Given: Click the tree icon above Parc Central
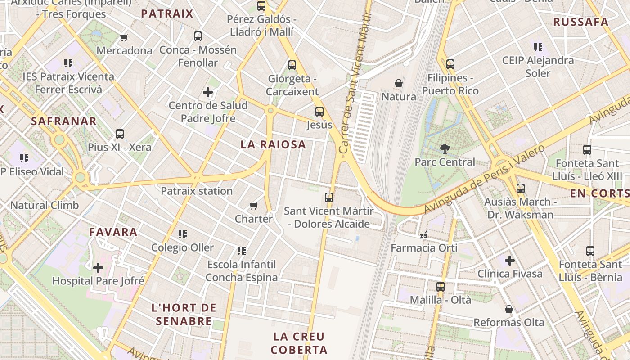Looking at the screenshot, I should coord(445,148).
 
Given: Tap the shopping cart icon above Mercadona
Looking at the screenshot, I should coord(124,37).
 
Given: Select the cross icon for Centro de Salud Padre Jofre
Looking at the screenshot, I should coord(208,93).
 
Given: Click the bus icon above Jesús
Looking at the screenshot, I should coord(319,112).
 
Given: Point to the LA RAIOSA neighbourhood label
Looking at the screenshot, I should coord(273,144).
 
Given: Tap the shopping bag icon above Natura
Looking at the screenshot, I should coord(399,83).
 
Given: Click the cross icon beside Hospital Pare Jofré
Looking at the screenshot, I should coord(98,268).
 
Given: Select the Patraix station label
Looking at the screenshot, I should coord(197,191).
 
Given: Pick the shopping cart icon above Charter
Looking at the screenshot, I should coord(254,206).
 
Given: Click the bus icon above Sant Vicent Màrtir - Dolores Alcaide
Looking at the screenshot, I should coord(329,197).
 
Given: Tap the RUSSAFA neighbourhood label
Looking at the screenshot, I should coord(580,22).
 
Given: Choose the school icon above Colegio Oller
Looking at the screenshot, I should coord(183,234).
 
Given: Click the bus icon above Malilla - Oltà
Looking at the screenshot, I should coord(441,286).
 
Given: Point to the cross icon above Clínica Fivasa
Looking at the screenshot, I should coord(509,261).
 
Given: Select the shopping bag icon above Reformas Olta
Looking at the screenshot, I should coord(509,309).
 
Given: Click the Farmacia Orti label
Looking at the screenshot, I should coord(424,248).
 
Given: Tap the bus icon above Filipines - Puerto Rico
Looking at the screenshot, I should coord(450,64).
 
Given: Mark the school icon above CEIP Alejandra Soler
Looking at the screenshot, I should coord(538,47).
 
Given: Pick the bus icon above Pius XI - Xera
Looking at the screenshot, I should coord(120,134).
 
